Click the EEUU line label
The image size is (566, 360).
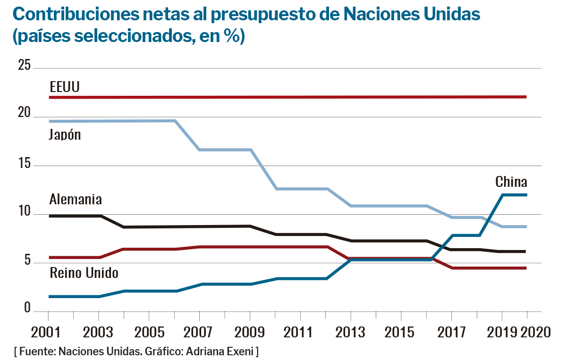tap(65, 87)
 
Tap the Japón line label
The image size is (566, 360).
tap(65, 135)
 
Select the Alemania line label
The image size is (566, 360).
tap(76, 199)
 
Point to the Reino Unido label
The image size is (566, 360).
tap(84, 273)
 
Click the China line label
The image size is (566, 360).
tap(511, 182)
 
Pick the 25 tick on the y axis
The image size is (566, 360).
tap(24, 65)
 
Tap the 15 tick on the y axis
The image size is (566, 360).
tap(24, 164)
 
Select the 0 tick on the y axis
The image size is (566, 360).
tap(27, 308)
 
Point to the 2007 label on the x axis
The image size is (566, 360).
tap(199, 332)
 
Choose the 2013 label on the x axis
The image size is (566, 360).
tap(350, 332)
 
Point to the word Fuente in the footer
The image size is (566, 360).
tap(36, 352)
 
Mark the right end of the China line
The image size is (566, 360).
tap(526, 195)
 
